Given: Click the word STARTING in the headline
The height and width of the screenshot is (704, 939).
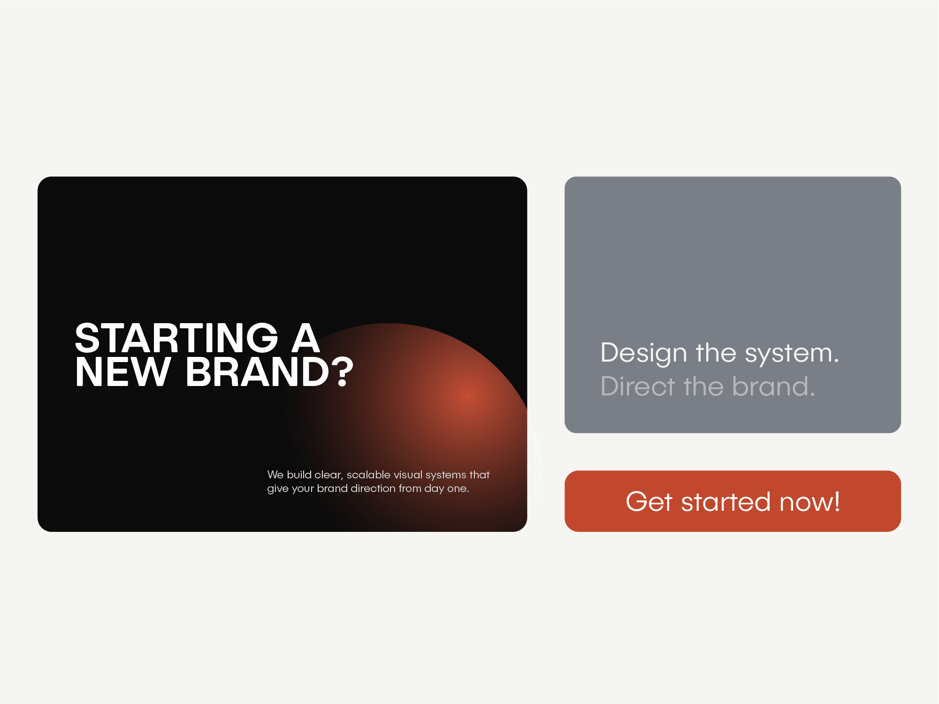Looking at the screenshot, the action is click(x=177, y=338).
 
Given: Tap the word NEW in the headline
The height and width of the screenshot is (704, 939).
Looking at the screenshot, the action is click(x=122, y=372).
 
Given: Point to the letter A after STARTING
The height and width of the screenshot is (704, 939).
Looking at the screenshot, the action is click(x=305, y=338).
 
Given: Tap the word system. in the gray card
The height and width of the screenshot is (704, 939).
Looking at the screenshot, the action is click(x=792, y=353).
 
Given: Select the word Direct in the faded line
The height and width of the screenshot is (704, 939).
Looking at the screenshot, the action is click(x=638, y=386).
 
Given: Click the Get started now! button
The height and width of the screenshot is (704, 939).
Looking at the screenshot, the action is click(x=733, y=501).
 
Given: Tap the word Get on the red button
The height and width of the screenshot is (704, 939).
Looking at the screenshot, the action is click(x=649, y=501).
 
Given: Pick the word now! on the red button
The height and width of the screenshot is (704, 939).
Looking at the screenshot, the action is click(x=809, y=501).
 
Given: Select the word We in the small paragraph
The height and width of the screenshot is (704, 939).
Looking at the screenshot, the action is click(x=275, y=475).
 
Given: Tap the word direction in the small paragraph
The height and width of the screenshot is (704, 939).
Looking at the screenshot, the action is click(x=373, y=488).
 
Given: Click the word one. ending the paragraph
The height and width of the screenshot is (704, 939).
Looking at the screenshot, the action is click(x=458, y=489).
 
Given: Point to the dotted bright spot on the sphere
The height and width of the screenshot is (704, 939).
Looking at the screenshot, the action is click(x=468, y=396).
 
